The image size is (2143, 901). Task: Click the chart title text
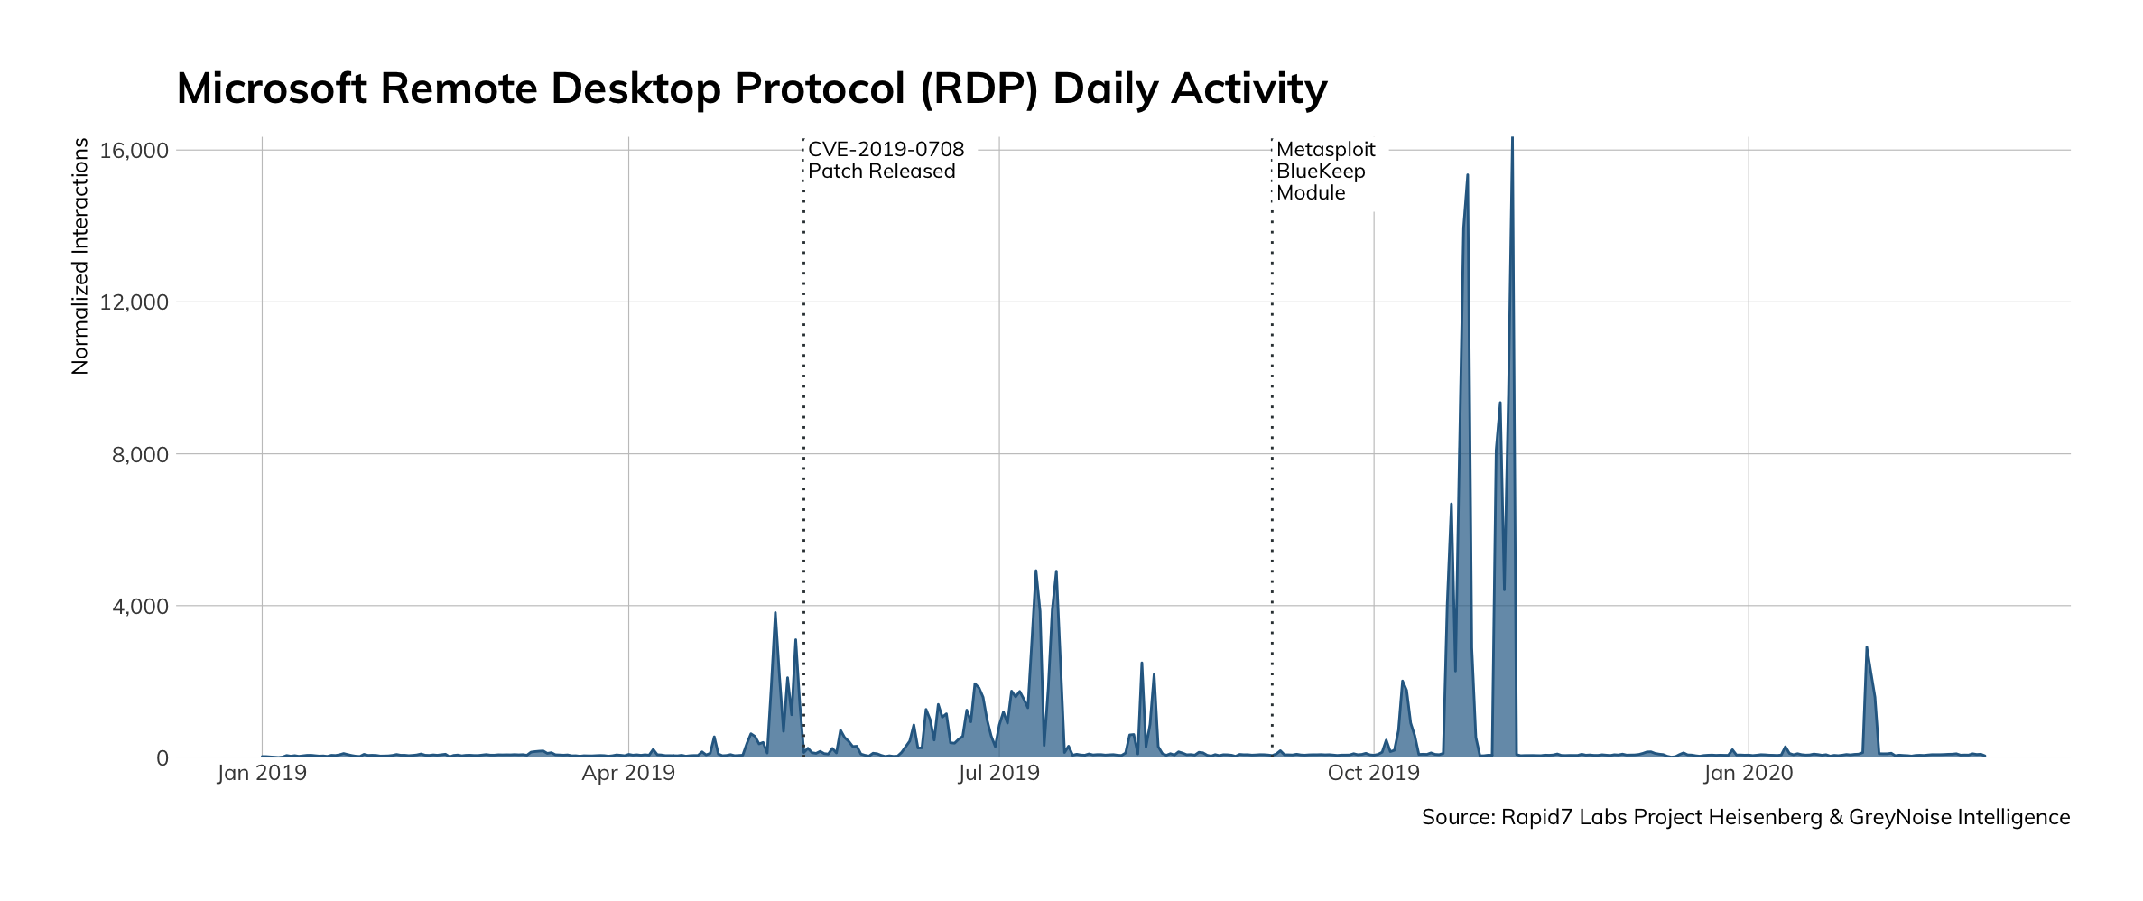coord(751,88)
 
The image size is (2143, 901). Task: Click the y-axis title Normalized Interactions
coord(80,256)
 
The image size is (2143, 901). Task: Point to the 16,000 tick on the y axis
coord(135,151)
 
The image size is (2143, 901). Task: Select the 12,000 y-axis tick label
coord(135,302)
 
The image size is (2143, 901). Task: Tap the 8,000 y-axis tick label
coord(140,454)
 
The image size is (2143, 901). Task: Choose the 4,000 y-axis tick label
coord(140,607)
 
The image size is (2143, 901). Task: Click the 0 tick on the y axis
coord(162,758)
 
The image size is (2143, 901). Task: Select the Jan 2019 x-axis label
coord(262,773)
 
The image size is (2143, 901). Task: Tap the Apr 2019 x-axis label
coord(628,773)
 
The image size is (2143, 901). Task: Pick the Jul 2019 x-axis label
coord(998,773)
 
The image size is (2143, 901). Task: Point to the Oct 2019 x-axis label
coord(1373,773)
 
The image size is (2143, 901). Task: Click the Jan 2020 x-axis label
coord(1749,773)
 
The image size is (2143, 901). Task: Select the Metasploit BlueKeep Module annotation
coord(1325,172)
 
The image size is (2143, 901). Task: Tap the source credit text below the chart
coord(1745,817)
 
